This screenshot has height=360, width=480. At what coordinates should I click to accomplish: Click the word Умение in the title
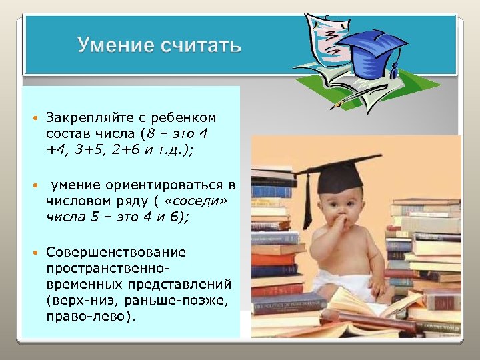(114, 45)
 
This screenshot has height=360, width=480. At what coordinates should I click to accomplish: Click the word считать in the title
(200, 45)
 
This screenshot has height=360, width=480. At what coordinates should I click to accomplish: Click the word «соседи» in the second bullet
(199, 199)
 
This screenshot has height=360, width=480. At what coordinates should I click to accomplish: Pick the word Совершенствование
(115, 253)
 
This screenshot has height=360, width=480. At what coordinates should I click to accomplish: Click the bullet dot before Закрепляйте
(34, 118)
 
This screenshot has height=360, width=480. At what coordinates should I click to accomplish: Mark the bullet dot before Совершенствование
(34, 253)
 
